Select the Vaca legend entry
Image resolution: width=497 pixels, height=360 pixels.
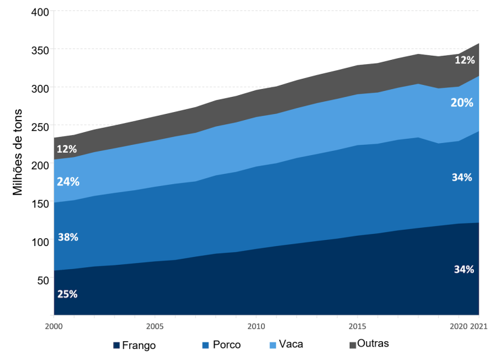(x=290, y=344)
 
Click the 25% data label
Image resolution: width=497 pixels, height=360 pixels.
(x=67, y=295)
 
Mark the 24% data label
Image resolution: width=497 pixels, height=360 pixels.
(x=67, y=181)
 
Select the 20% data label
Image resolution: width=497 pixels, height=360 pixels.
(x=462, y=103)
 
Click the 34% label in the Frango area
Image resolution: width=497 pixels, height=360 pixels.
(x=464, y=270)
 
